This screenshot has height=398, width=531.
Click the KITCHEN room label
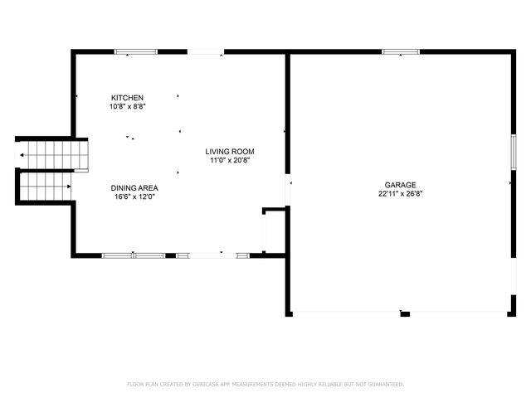(127, 98)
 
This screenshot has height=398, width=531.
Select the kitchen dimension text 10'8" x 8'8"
(127, 107)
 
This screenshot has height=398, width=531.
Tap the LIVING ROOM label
(230, 152)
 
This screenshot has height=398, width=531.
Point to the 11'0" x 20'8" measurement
(230, 161)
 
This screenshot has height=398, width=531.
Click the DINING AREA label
(134, 188)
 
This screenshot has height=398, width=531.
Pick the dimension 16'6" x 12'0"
(134, 197)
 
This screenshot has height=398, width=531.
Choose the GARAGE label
(400, 185)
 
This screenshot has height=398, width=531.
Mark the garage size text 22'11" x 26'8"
(400, 194)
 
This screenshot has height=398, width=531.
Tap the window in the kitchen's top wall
(135, 52)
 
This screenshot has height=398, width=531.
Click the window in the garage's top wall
(401, 52)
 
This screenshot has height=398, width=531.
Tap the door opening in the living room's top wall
(205, 52)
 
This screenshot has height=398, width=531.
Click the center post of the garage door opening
(405, 313)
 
